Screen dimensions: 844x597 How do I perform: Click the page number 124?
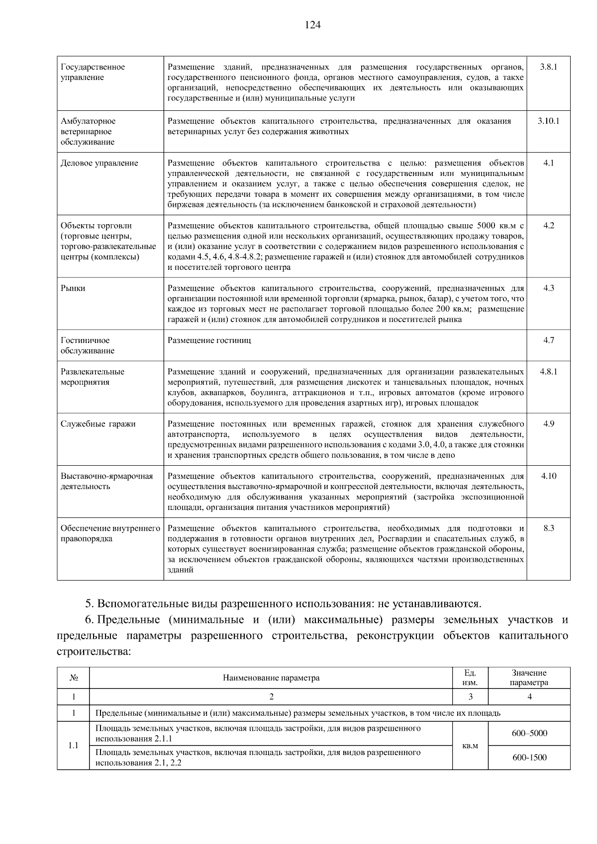click(312, 25)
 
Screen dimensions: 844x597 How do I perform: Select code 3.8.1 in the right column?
click(548, 67)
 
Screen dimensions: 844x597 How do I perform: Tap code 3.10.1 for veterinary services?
click(548, 121)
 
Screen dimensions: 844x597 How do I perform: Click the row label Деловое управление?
click(99, 163)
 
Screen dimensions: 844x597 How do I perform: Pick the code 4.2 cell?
click(548, 225)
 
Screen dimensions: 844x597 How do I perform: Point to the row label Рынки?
click(73, 288)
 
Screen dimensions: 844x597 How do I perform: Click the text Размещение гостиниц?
click(209, 340)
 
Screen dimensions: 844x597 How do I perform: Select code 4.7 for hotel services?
click(548, 340)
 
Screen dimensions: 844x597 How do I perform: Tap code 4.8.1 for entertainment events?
click(548, 371)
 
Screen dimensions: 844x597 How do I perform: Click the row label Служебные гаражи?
click(98, 423)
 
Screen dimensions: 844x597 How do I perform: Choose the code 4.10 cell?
click(548, 476)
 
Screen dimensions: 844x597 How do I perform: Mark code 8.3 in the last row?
click(548, 528)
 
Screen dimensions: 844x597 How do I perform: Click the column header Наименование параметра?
click(271, 677)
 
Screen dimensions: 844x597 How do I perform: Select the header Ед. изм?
click(470, 677)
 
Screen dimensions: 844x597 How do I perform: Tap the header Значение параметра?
click(529, 677)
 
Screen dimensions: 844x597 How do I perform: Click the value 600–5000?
click(529, 733)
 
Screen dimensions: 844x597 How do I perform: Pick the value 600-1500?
click(529, 758)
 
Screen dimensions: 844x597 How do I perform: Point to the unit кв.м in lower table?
click(470, 746)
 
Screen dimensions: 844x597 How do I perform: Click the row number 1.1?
click(73, 746)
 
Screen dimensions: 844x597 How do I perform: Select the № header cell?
click(73, 677)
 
